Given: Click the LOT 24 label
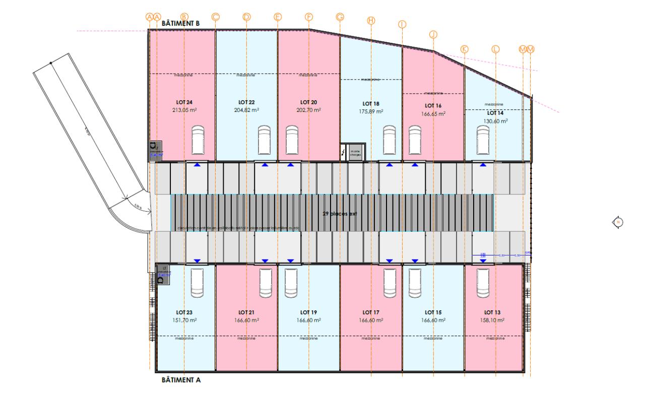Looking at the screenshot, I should click(184, 102).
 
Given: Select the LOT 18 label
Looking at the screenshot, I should click(370, 104).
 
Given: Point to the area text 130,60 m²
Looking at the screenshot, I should click(494, 121).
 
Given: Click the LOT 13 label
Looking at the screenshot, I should click(494, 312).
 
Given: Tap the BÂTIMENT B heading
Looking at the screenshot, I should click(181, 23).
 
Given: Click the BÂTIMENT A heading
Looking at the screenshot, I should click(181, 380).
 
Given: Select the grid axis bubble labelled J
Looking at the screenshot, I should click(433, 34).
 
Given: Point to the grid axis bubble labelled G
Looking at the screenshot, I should click(340, 17).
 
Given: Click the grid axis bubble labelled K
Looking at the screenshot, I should click(464, 49).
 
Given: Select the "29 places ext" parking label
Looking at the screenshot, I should click(340, 214).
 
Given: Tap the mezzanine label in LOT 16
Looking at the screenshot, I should click(433, 93).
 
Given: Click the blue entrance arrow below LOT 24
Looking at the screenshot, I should click(197, 165).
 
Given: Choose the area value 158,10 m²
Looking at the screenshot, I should click(494, 320).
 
